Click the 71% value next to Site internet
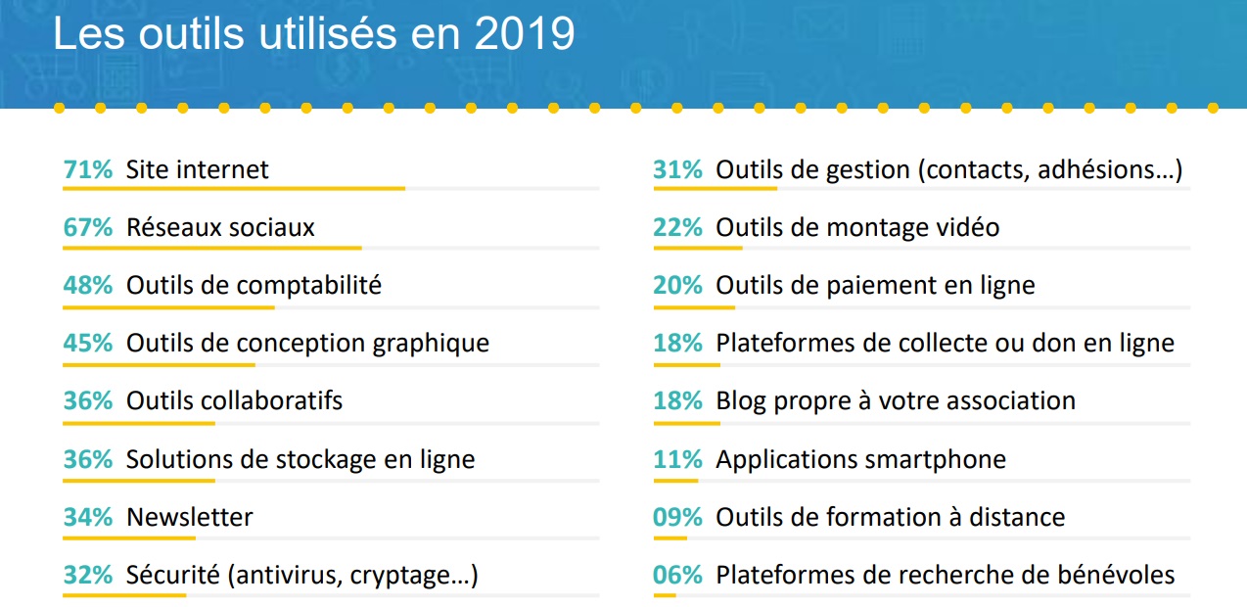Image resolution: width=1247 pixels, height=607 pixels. click(88, 169)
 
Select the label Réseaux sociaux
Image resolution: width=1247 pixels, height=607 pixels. click(220, 227)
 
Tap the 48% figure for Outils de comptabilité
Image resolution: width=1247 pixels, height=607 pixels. click(88, 285)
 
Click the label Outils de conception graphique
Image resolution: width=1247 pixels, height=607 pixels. click(307, 344)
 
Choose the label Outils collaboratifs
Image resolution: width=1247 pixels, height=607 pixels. click(234, 400)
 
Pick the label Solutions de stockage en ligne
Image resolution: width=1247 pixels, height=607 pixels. click(300, 459)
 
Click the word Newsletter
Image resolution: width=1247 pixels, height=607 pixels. click(189, 517)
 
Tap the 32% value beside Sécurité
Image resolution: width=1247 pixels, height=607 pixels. click(88, 575)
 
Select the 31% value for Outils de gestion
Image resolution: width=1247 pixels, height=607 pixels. click(678, 169)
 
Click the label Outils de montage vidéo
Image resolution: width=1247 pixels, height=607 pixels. click(857, 227)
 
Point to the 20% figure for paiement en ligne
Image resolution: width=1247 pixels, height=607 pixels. click(678, 285)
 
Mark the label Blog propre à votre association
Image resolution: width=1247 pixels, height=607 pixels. click(896, 400)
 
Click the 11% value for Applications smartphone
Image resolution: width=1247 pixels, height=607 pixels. click(678, 459)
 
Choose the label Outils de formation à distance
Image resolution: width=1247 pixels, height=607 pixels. click(890, 517)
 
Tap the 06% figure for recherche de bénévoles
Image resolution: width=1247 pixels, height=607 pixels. click(678, 575)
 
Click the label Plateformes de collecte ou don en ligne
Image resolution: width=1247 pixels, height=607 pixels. click(945, 344)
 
